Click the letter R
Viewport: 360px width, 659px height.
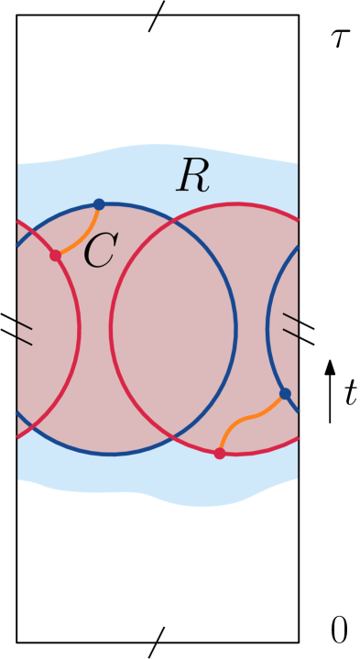pos(193,177)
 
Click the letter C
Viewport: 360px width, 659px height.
pos(100,251)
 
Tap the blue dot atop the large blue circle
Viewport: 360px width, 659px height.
pos(99,204)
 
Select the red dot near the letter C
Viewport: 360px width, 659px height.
pos(56,255)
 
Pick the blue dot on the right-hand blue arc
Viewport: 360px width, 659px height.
pos(285,394)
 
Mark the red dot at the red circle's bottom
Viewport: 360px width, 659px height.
pos(220,453)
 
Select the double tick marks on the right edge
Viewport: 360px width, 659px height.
pos(290,324)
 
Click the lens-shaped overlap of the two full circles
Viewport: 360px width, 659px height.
pos(174,328)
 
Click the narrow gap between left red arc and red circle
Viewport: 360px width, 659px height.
pos(95,328)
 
